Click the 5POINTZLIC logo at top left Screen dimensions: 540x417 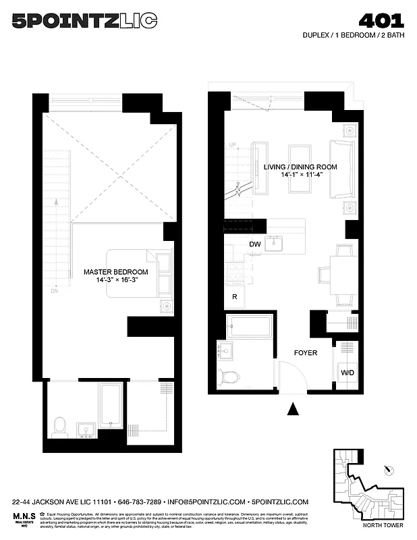point(84,22)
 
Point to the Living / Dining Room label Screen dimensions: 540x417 point(300,171)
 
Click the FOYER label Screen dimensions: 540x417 point(305,352)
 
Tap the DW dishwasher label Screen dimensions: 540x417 point(255,244)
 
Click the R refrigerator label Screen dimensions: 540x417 point(234,296)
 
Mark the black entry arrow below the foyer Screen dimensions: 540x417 point(292,408)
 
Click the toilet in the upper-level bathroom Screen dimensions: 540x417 point(59,425)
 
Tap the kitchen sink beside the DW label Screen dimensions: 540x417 point(274,244)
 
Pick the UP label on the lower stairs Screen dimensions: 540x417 point(233,145)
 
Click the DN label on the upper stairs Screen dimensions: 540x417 point(54,292)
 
